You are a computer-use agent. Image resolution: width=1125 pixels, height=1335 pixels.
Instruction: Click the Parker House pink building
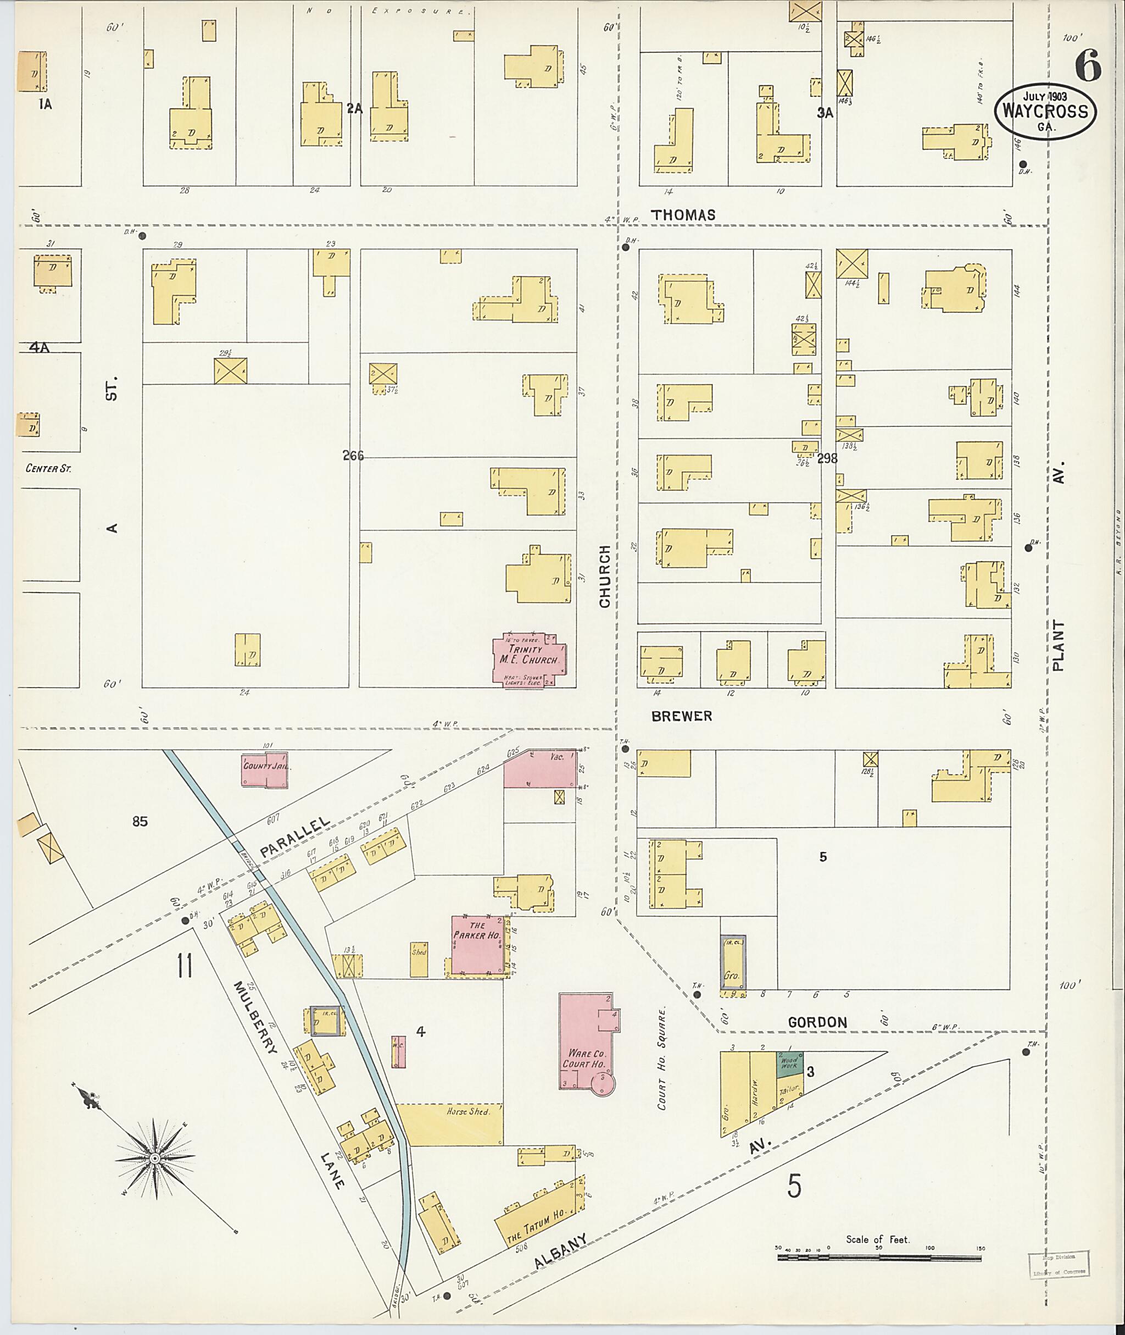pos(477,944)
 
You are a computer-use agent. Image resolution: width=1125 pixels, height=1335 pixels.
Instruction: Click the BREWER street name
pos(681,717)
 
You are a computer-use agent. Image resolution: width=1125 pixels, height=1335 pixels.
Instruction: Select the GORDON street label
pos(817,1022)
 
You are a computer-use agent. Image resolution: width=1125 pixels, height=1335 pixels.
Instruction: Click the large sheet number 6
pos(1088,67)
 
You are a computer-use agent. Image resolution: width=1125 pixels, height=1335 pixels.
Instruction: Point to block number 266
pos(353,456)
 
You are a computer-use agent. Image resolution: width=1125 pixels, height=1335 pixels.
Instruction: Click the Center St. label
pos(48,468)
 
